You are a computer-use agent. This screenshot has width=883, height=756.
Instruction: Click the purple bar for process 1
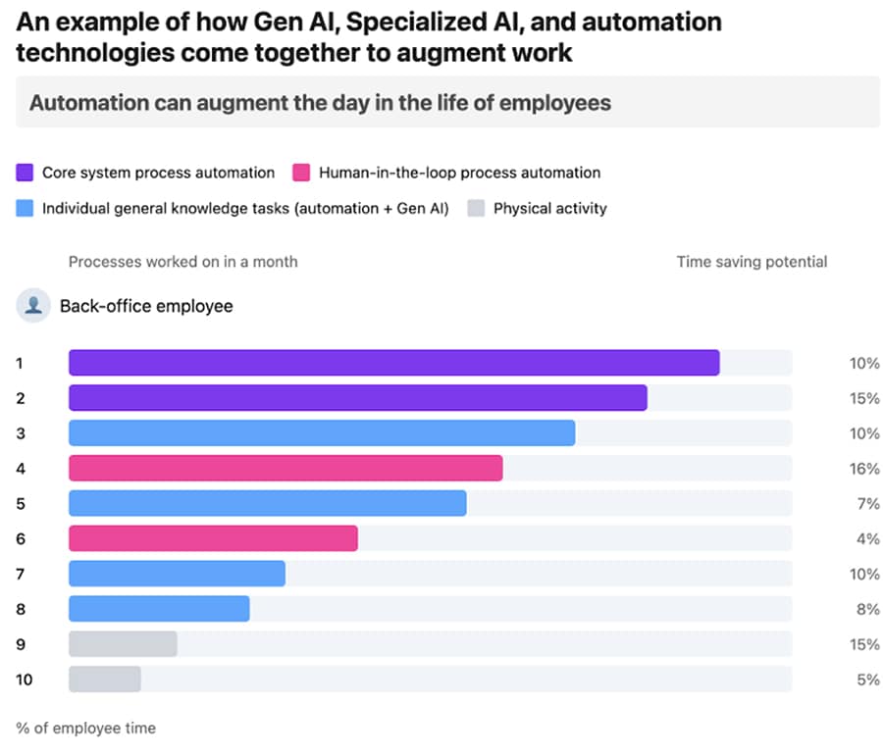click(393, 363)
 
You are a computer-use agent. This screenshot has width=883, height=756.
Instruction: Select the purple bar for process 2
click(357, 398)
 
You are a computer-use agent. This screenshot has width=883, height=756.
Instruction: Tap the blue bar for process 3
click(322, 433)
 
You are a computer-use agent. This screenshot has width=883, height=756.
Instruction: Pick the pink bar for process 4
click(286, 469)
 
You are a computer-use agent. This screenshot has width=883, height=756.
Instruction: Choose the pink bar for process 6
click(213, 538)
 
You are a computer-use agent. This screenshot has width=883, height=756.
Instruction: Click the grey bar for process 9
click(123, 644)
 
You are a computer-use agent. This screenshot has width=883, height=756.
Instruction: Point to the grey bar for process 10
click(105, 679)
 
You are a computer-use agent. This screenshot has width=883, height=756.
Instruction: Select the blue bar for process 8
click(159, 609)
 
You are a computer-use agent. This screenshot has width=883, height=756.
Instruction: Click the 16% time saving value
click(863, 469)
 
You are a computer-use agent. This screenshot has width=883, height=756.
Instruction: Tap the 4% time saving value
click(867, 538)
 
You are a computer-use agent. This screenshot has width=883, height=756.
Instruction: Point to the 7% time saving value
click(867, 504)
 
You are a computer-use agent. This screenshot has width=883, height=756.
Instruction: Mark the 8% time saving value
click(867, 609)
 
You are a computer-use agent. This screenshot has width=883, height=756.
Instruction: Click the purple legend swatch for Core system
click(26, 174)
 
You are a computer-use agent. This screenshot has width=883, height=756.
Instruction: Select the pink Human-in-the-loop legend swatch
click(301, 174)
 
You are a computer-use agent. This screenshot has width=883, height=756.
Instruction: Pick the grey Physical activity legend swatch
click(476, 209)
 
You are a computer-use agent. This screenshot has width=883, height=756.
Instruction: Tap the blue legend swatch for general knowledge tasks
click(26, 209)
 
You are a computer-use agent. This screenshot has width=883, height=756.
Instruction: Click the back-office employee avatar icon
click(33, 306)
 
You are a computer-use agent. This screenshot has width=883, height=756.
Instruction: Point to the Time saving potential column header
click(752, 262)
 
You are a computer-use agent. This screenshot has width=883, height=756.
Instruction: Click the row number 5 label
click(21, 504)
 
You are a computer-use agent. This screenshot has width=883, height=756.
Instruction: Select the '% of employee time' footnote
click(86, 728)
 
